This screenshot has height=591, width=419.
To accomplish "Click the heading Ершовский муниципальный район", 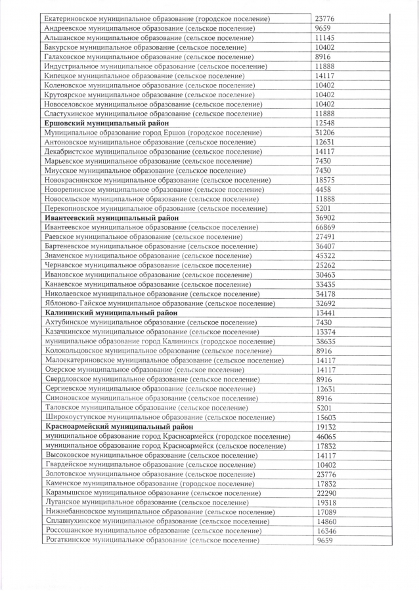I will [x=106, y=123].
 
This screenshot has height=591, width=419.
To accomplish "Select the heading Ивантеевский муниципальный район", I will [x=112, y=217].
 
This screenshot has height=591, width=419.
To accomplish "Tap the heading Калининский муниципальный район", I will [x=111, y=313].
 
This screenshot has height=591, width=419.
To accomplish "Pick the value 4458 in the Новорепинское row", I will [x=324, y=189].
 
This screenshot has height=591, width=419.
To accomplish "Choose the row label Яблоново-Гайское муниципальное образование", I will [x=160, y=303].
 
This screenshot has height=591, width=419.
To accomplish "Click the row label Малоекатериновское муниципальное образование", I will [x=164, y=360].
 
